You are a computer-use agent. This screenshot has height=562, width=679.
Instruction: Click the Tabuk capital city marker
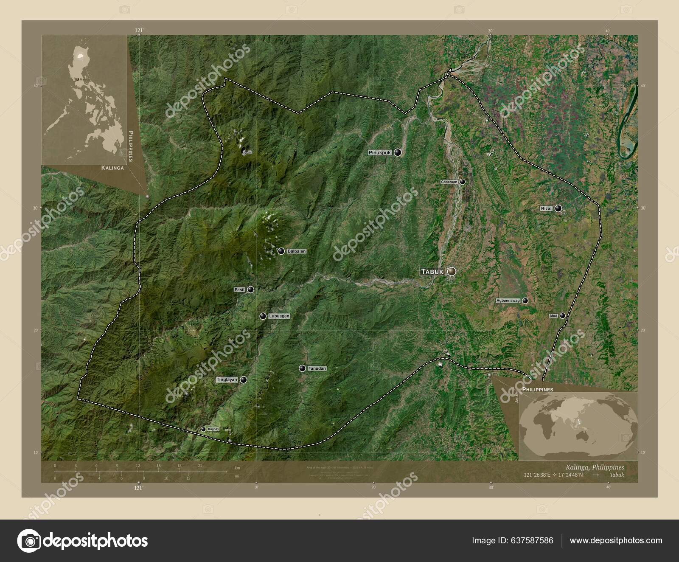pyautogui.click(x=451, y=271)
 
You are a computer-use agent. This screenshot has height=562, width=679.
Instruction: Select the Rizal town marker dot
pyautogui.click(x=558, y=208)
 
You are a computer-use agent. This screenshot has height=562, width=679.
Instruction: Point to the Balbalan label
pyautogui.click(x=297, y=251)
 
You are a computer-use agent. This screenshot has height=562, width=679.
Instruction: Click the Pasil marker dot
pyautogui.click(x=251, y=289)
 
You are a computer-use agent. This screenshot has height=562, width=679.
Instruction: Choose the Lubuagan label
pyautogui.click(x=279, y=316)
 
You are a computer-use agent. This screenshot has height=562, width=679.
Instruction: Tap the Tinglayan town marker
pyautogui.click(x=243, y=380)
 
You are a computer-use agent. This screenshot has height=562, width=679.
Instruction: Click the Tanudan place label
pyautogui.click(x=317, y=368)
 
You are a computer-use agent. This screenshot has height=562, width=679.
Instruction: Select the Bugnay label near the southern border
pyautogui.click(x=213, y=430)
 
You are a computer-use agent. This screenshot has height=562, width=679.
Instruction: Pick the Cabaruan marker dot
pyautogui.click(x=463, y=182)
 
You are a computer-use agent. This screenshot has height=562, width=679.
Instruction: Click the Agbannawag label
pyautogui.click(x=508, y=301)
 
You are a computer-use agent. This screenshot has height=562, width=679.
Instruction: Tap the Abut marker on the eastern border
pyautogui.click(x=563, y=316)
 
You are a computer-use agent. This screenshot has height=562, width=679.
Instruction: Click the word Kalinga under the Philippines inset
pyautogui.click(x=112, y=168)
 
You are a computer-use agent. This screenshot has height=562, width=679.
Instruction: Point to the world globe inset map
pyautogui.click(x=578, y=425)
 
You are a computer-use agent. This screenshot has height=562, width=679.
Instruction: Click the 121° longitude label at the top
pyautogui.click(x=139, y=30)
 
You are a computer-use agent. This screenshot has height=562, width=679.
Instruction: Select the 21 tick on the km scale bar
pyautogui.click(x=200, y=466)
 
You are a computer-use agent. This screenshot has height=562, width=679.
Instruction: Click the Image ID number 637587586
pyautogui.click(x=533, y=540)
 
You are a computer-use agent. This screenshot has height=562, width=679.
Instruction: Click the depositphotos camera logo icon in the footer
pyautogui.click(x=29, y=541)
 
